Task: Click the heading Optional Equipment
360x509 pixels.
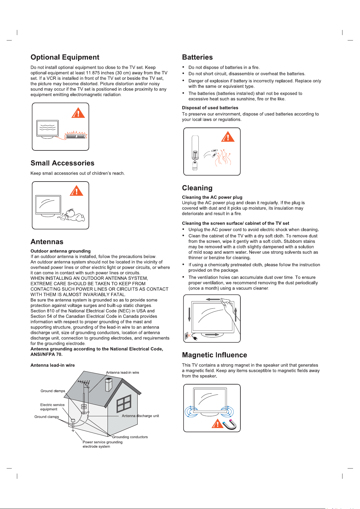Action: (x=65, y=57)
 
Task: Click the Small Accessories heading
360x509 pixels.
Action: (x=62, y=163)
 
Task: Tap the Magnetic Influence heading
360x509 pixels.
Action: (x=214, y=355)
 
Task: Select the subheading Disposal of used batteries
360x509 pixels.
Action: (x=210, y=108)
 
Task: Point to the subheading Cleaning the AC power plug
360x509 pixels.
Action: (x=212, y=197)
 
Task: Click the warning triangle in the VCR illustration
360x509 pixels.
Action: (x=78, y=113)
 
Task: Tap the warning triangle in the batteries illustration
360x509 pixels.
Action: (x=228, y=137)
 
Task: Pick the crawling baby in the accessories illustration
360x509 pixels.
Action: (x=74, y=215)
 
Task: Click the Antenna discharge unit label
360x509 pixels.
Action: (x=140, y=416)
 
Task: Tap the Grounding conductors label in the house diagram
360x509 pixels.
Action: (x=130, y=437)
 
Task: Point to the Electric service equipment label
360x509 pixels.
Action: (x=52, y=407)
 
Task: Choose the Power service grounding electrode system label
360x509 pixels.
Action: (x=102, y=444)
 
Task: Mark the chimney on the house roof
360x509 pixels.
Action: (x=108, y=385)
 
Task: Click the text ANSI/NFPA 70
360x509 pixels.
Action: (x=46, y=354)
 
